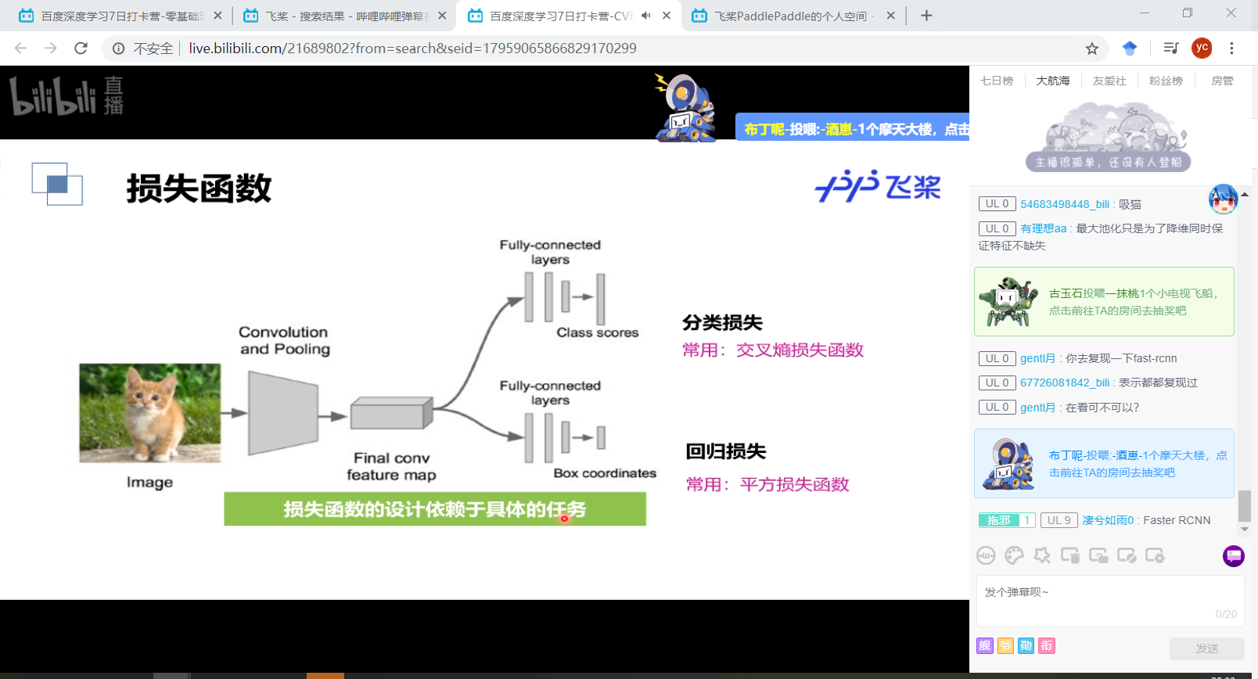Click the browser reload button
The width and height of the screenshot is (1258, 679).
click(81, 48)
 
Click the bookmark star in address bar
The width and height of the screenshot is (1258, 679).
click(1092, 48)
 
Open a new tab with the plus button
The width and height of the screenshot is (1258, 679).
click(926, 16)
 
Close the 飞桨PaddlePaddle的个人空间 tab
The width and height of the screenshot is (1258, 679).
click(890, 16)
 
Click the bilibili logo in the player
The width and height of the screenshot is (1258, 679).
click(66, 97)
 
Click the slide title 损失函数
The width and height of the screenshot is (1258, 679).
click(199, 189)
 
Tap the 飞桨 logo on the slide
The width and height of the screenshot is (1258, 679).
click(878, 187)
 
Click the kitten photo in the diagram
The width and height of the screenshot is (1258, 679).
click(150, 413)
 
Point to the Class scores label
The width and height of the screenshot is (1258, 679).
click(597, 332)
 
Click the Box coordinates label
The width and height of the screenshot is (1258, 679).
click(605, 473)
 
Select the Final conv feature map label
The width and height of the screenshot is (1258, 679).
click(391, 466)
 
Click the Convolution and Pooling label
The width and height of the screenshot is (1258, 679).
click(284, 341)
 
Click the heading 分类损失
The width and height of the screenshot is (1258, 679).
click(722, 322)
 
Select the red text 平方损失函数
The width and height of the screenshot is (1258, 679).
click(794, 485)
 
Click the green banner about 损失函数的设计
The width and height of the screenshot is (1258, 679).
click(434, 509)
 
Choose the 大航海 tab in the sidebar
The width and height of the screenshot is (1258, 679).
click(1052, 81)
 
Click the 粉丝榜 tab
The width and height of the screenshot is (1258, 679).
click(1166, 81)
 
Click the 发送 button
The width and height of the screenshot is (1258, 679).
click(1206, 648)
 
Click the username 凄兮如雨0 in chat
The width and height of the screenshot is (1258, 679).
click(1108, 520)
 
